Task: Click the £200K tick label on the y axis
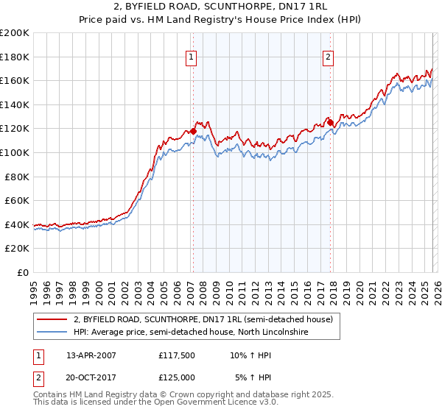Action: (15, 33)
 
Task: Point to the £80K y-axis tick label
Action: (17, 177)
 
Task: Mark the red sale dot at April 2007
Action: (193, 132)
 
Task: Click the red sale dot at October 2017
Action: (330, 123)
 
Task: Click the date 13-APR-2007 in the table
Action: (91, 355)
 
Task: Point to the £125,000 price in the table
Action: (176, 377)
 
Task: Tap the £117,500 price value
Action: (176, 355)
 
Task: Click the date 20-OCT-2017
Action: (91, 377)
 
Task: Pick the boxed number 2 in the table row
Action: (36, 377)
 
